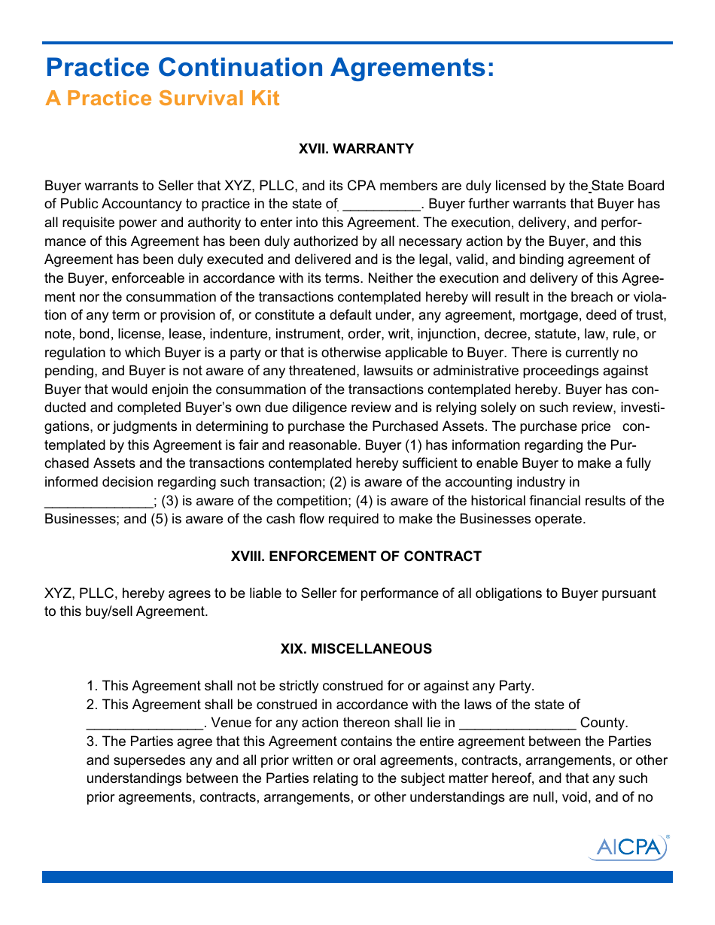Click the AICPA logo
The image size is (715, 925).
(x=628, y=848)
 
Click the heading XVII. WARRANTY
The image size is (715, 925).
(x=356, y=149)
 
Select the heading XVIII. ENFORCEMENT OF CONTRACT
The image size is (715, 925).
(x=356, y=557)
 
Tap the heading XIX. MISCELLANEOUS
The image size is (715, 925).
(x=356, y=649)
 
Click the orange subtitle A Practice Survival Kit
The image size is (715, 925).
(x=163, y=99)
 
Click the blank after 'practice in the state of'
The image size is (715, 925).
(x=381, y=205)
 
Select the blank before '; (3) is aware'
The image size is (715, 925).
(x=99, y=502)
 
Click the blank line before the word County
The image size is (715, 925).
(x=518, y=723)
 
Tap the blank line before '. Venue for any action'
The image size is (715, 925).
(x=145, y=723)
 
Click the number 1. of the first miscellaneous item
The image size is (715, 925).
(x=92, y=686)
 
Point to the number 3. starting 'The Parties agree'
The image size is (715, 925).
(x=92, y=742)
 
